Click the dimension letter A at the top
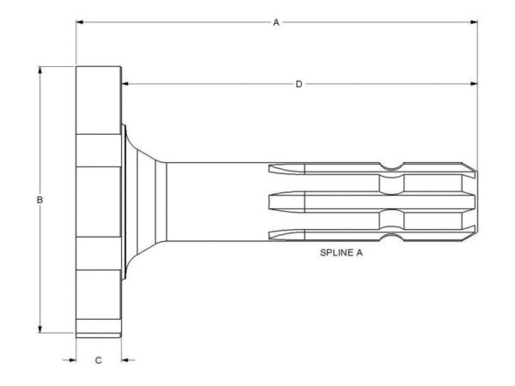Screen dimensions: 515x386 [276, 22]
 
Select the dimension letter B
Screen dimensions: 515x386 [39, 200]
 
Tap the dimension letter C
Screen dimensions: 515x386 [98, 360]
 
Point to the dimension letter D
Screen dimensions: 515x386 [299, 84]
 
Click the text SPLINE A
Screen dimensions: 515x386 [342, 253]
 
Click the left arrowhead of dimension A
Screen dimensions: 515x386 [80, 22]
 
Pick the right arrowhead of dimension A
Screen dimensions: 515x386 [474, 22]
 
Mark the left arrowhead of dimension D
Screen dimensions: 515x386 [124, 84]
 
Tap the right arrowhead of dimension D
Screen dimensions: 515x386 [474, 84]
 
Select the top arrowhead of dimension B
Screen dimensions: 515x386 [40, 70]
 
